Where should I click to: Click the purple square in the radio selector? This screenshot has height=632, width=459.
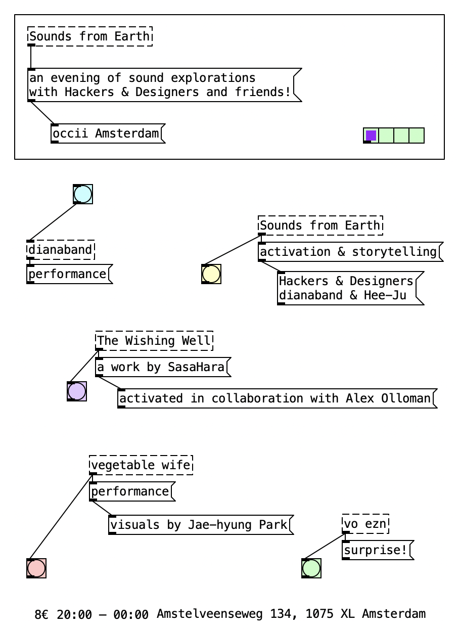point(371,136)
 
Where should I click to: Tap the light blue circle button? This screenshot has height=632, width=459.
point(83,194)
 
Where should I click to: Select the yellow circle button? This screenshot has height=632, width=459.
point(211,274)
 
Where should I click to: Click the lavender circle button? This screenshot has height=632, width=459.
point(77,391)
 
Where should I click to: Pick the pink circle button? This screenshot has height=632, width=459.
point(36,568)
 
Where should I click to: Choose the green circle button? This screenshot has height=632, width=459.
point(311,568)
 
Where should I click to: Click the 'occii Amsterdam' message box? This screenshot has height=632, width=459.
point(106,134)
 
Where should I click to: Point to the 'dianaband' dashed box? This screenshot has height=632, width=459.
point(61,250)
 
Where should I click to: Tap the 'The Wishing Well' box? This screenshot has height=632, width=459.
point(154,341)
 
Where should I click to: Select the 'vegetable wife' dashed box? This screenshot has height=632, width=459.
point(141,465)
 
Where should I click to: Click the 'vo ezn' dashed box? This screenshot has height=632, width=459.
point(365,524)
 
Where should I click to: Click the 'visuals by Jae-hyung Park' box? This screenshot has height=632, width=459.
point(199,525)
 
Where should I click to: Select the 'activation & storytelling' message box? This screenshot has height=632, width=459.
point(348,252)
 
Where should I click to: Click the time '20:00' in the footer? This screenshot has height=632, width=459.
point(74,615)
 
